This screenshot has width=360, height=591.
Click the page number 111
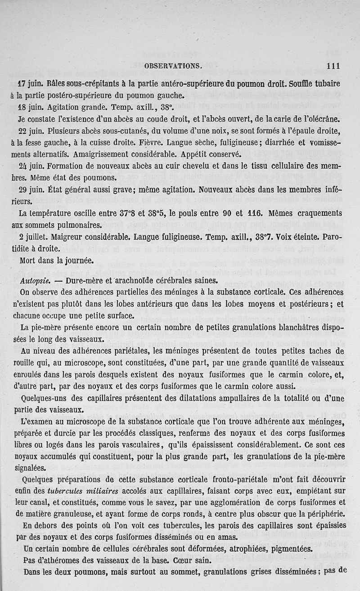pos(333,66)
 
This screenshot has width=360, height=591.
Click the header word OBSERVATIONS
pos(173,66)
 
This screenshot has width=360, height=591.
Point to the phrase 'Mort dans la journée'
pos(56,260)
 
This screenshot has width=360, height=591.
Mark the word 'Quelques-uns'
pos(43,398)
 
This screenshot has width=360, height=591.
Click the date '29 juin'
pos(31,189)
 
